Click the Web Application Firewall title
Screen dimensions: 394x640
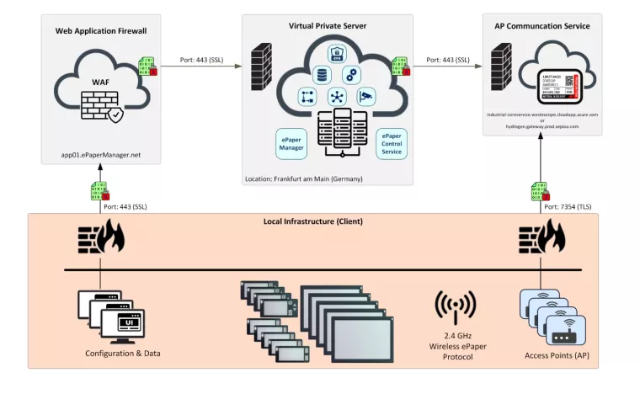[100, 30]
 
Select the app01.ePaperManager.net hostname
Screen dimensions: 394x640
[100, 155]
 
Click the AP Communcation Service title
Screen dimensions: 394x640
[541, 26]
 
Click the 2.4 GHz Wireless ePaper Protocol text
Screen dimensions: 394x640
[455, 345]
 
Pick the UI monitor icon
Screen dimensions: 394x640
[125, 323]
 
